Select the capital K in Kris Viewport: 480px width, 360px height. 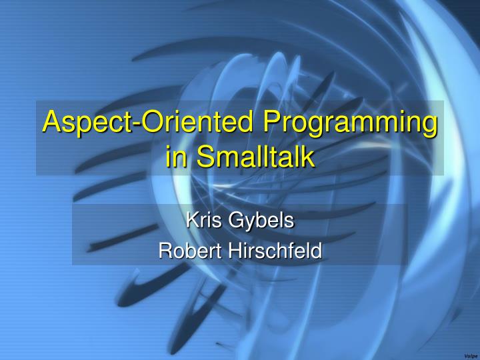coord(190,220)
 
